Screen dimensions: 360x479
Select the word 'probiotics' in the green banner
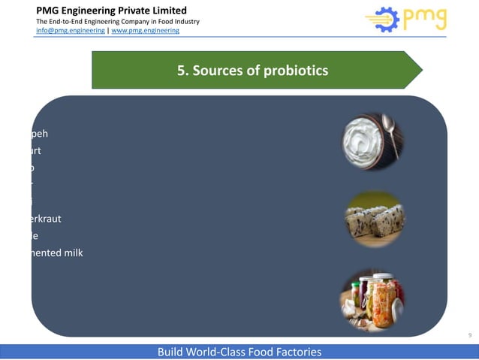point(299,71)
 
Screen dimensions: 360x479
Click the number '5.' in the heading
point(182,71)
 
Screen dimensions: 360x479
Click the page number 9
point(469,334)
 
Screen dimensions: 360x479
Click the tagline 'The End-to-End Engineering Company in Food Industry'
point(117,21)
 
